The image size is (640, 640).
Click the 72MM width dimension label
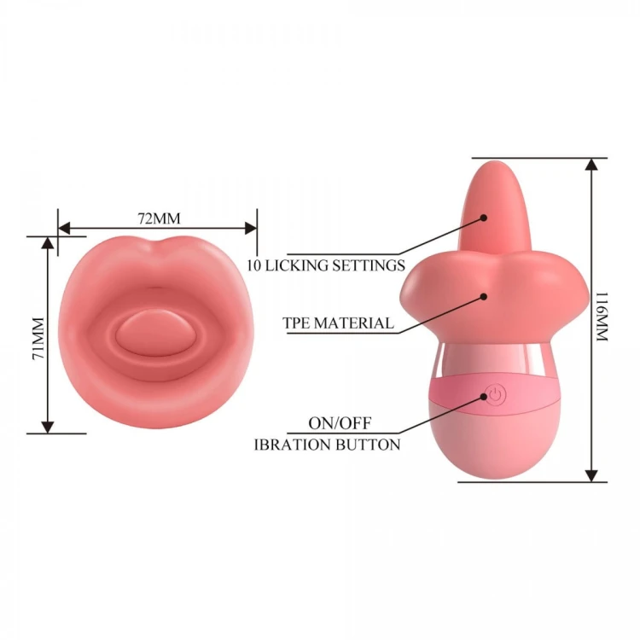pyautogui.click(x=159, y=218)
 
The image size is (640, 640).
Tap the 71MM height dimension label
pyautogui.click(x=38, y=339)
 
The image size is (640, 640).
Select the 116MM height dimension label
pyautogui.click(x=602, y=317)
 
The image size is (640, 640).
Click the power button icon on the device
pyautogui.click(x=495, y=395)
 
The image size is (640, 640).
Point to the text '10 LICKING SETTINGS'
pyautogui.click(x=326, y=265)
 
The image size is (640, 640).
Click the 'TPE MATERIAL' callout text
pyautogui.click(x=339, y=323)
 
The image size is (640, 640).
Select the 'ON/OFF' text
pyautogui.click(x=340, y=423)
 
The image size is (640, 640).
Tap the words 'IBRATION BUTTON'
pyautogui.click(x=328, y=445)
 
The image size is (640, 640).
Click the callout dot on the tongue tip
pyautogui.click(x=484, y=218)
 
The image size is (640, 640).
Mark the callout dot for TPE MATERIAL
pyautogui.click(x=484, y=297)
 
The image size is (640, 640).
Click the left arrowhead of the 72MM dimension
pyautogui.click(x=64, y=228)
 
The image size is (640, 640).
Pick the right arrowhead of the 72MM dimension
pyautogui.click(x=251, y=228)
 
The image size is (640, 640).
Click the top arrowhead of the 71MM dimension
pyautogui.click(x=48, y=243)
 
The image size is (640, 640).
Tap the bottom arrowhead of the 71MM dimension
pyautogui.click(x=48, y=427)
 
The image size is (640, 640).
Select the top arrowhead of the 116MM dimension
pyautogui.click(x=591, y=164)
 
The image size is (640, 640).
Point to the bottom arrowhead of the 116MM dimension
pyautogui.click(x=591, y=475)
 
